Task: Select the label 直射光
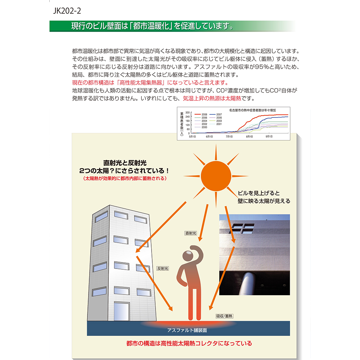pyautogui.click(x=190, y=233)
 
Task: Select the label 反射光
pyautogui.click(x=163, y=268)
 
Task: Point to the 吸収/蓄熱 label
pyautogui.click(x=224, y=316)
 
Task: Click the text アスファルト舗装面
pyautogui.click(x=187, y=330)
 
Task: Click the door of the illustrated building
pyautogui.click(x=121, y=312)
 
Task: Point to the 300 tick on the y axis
pyautogui.click(x=188, y=113)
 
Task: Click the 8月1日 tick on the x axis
pyautogui.click(x=249, y=137)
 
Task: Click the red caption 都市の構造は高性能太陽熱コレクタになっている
pyautogui.click(x=189, y=343)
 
